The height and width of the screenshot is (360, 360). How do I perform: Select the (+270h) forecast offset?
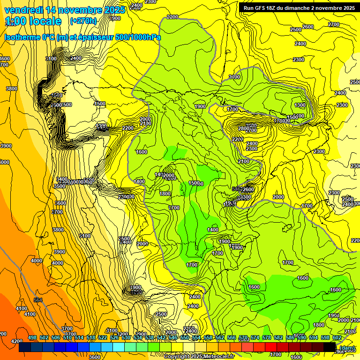pos(83,21)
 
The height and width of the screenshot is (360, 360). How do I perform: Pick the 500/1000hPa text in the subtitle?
pos(136,37)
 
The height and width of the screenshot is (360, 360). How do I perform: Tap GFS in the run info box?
pos(263,8)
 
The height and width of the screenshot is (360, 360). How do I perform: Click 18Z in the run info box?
pos(276,8)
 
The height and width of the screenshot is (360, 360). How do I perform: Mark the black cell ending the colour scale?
pos(330,347)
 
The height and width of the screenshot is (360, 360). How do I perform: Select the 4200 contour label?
pos(16,341)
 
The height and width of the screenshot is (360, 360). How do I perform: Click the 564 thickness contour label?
pos(38,300)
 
